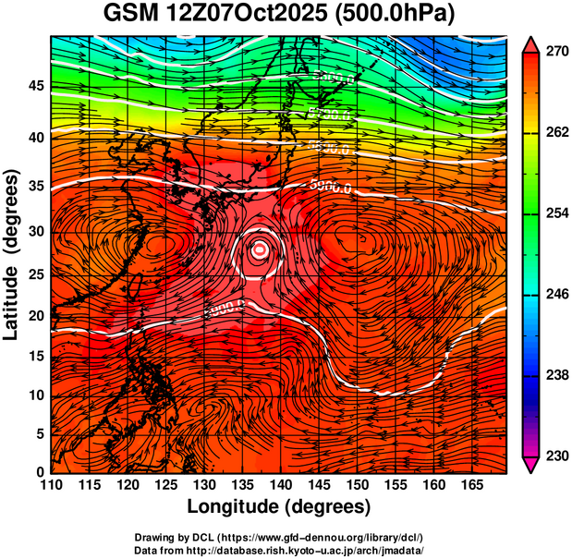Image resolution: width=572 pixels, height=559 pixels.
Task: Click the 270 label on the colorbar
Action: tap(555, 53)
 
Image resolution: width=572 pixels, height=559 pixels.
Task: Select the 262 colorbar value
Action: tap(555, 133)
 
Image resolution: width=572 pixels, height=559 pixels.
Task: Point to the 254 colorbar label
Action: tap(555, 214)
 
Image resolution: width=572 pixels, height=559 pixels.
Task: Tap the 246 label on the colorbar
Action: tap(555, 295)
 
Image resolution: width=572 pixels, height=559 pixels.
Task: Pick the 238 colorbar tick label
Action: tap(555, 375)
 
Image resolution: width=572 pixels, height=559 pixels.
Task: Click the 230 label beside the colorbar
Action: tap(555, 456)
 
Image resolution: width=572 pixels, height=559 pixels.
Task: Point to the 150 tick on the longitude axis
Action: tap(356, 484)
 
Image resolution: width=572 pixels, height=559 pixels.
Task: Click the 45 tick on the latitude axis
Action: tap(36, 86)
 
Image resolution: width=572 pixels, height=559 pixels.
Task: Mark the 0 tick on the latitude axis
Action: tap(41, 472)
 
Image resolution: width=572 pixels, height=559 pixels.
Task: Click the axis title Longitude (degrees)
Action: tap(279, 506)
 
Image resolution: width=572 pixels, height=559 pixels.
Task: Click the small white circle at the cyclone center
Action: tap(261, 248)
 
